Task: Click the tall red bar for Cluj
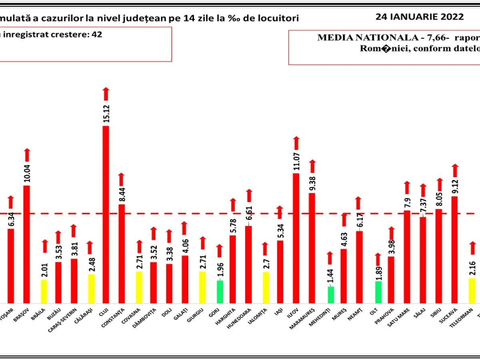coord(106,214)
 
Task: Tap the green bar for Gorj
coord(220,292)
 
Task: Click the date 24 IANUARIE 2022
coord(420,17)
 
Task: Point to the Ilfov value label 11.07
coord(296,160)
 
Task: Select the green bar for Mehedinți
coord(330,294)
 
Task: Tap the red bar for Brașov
coord(27,244)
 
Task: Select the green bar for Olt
coord(378,292)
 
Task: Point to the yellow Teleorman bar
coord(472,290)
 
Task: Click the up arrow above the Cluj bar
coord(106,82)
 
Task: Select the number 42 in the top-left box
coord(97,34)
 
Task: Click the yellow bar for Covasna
coord(139,287)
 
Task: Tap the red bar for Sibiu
coord(439,256)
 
